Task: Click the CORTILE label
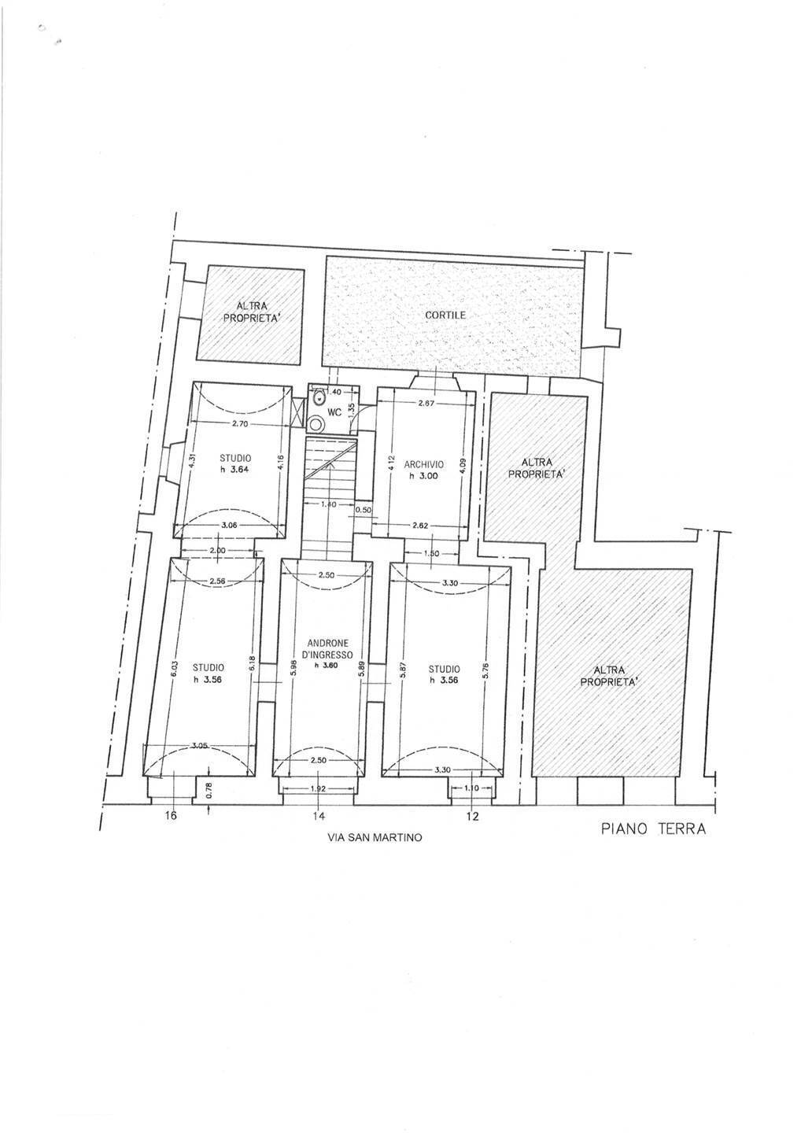[x=445, y=315]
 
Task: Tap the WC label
[x=334, y=413]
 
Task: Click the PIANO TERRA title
[x=653, y=829]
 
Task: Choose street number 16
[x=172, y=815]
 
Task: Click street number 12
[x=472, y=816]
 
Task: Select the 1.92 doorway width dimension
[x=318, y=788]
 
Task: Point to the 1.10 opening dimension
[x=471, y=788]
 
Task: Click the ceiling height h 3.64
[x=235, y=468]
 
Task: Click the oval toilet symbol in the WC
[x=319, y=399]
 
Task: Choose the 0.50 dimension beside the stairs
[x=363, y=510]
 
